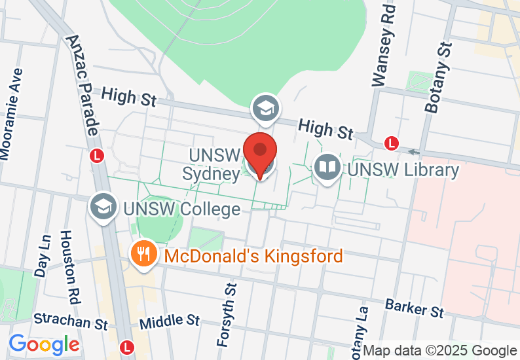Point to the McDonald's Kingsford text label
click(x=253, y=256)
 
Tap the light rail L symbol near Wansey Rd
click(x=392, y=143)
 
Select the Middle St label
click(x=170, y=321)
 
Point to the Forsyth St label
click(x=226, y=315)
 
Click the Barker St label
click(x=414, y=307)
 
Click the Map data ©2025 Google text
click(x=440, y=351)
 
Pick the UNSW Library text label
click(x=403, y=170)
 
